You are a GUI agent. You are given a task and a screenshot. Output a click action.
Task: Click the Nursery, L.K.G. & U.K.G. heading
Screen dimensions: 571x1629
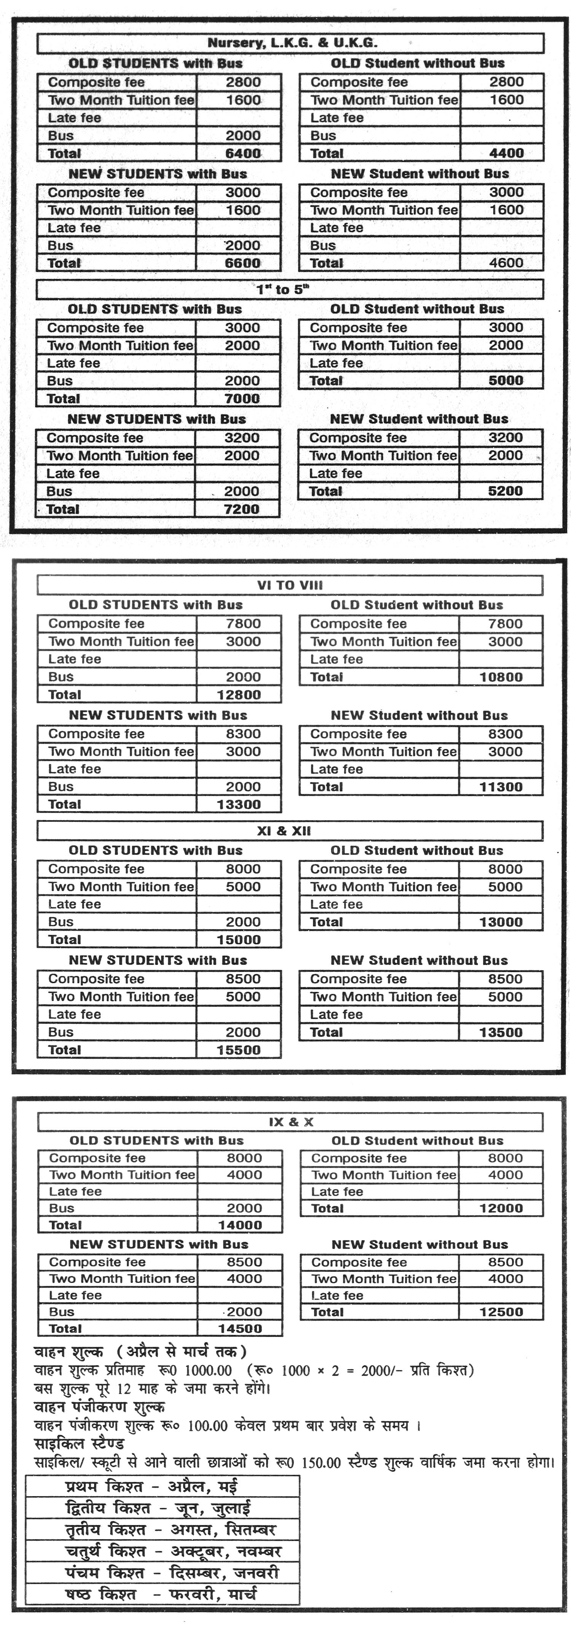click(x=292, y=43)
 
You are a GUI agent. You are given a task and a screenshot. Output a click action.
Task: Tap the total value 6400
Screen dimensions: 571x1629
click(x=243, y=154)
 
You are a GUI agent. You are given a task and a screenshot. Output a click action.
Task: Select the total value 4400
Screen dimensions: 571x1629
click(x=506, y=153)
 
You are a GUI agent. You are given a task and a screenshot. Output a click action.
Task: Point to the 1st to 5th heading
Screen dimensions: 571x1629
click(x=283, y=290)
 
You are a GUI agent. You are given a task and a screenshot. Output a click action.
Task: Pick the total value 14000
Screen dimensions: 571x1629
click(x=240, y=1225)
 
